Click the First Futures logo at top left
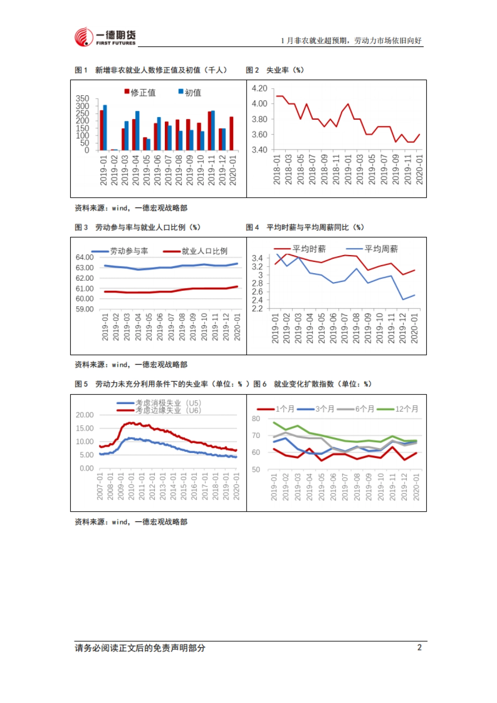pyautogui.click(x=105, y=37)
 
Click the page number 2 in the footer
pyautogui.click(x=419, y=648)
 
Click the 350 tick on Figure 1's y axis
pyautogui.click(x=82, y=99)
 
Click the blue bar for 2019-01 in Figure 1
pyautogui.click(x=105, y=128)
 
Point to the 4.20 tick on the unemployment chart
pyautogui.click(x=259, y=88)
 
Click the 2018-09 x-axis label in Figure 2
pyautogui.click(x=324, y=170)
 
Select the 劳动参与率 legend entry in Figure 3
pyautogui.click(x=120, y=251)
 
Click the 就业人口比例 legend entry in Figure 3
pyautogui.click(x=195, y=251)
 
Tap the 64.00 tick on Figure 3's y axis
pyautogui.click(x=84, y=257)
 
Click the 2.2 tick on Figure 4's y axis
pyautogui.click(x=257, y=308)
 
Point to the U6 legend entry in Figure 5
pyautogui.click(x=159, y=410)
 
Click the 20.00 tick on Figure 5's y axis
pyautogui.click(x=84, y=415)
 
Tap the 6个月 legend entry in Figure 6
pyautogui.click(x=356, y=409)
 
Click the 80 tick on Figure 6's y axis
pyautogui.click(x=256, y=419)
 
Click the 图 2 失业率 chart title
pyautogui.click(x=275, y=70)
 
